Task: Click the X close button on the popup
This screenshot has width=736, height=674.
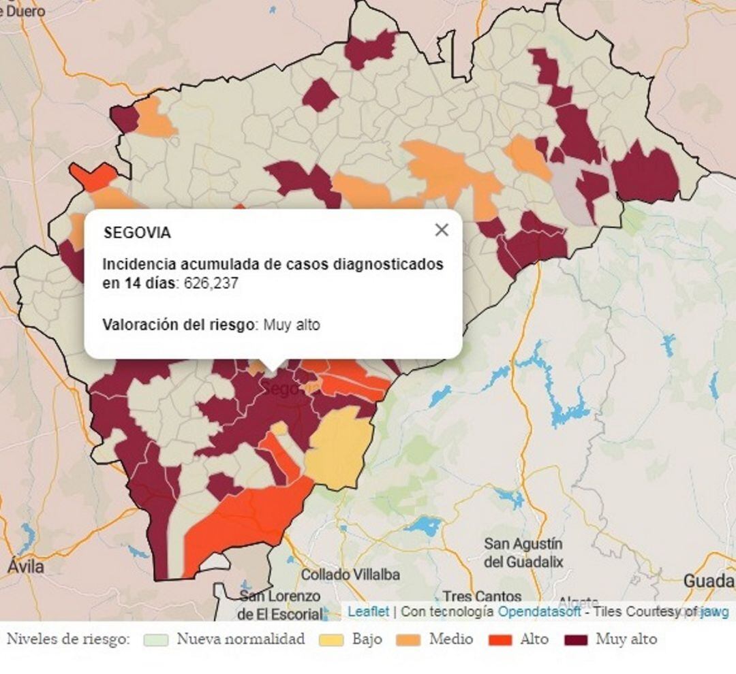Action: pyautogui.click(x=442, y=230)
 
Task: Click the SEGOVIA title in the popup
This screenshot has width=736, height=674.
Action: pyautogui.click(x=137, y=233)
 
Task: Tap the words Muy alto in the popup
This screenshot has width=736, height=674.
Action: pyautogui.click(x=292, y=325)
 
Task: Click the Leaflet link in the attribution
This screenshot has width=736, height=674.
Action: pyautogui.click(x=368, y=611)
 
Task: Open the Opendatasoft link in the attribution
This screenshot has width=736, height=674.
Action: pyautogui.click(x=539, y=611)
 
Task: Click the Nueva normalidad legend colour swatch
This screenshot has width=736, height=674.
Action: pyautogui.click(x=156, y=640)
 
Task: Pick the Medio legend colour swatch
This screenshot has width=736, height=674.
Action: pyautogui.click(x=408, y=640)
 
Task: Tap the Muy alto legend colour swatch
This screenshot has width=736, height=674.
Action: pyautogui.click(x=575, y=640)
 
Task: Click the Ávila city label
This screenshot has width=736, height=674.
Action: pyautogui.click(x=26, y=566)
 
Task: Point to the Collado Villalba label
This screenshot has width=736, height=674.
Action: pyautogui.click(x=350, y=575)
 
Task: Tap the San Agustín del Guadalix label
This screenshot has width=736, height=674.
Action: pyautogui.click(x=523, y=553)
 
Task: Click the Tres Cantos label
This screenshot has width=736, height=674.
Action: pyautogui.click(x=482, y=597)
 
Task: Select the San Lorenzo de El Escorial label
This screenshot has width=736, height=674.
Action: pyautogui.click(x=279, y=605)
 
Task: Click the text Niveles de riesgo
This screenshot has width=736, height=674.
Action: pyautogui.click(x=68, y=640)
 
